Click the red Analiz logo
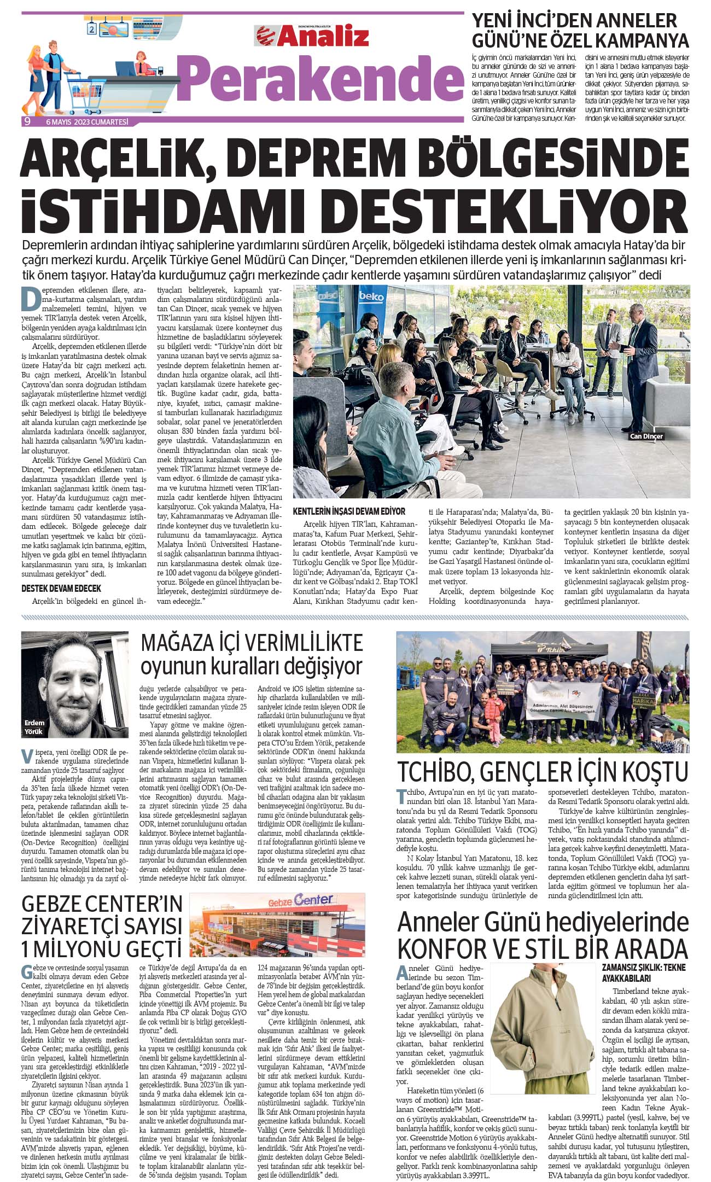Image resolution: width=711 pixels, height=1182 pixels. coord(312,37)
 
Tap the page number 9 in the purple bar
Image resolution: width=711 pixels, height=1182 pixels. coord(27,121)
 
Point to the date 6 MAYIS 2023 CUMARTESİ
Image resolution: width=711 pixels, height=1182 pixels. coord(87,121)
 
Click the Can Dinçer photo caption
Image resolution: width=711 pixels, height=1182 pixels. coord(646,436)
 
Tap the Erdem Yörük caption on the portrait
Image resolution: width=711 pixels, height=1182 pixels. coord(33,727)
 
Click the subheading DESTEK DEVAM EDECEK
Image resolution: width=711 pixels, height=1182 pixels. coord(61,589)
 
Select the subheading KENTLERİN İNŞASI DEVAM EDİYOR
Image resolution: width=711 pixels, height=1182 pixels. coord(349,511)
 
